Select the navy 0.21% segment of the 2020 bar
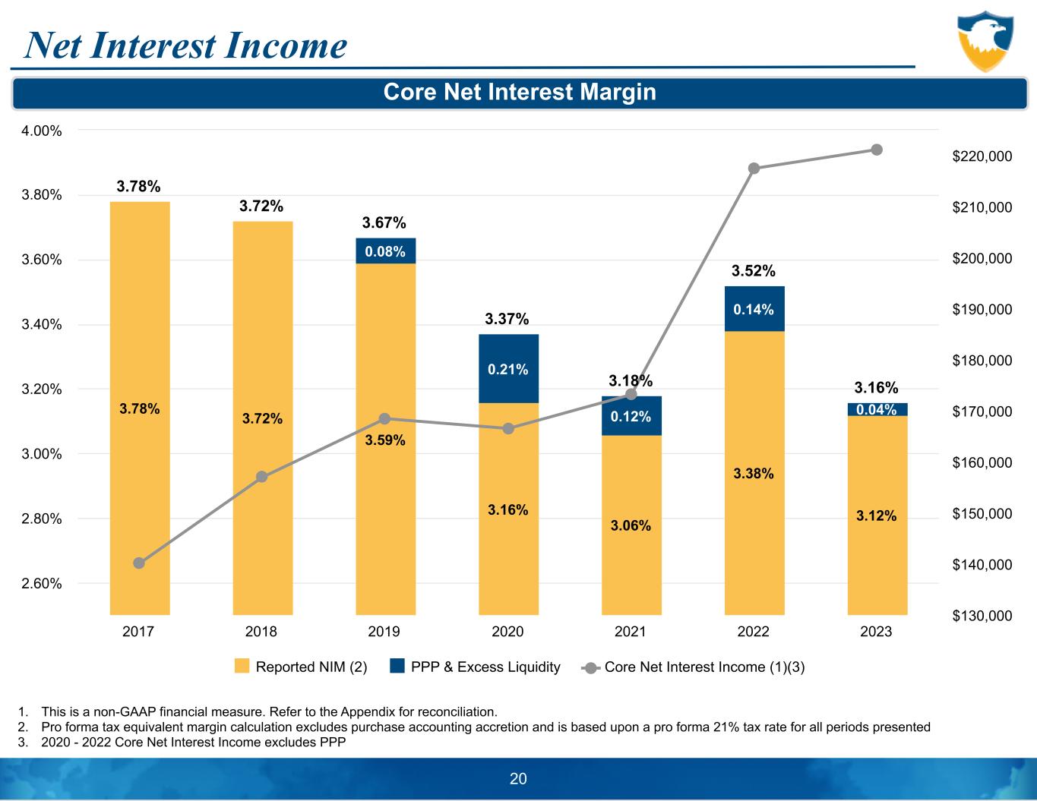[508, 369]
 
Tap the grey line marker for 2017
[139, 563]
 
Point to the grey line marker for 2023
[877, 150]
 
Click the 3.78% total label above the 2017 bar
[138, 186]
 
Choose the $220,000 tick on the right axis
[982, 156]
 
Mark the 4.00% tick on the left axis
[42, 131]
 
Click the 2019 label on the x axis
[384, 632]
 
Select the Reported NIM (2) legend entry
[301, 667]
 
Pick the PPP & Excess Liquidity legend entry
[476, 667]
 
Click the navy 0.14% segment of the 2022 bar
[754, 309]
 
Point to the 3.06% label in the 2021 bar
[631, 525]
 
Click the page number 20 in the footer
[518, 778]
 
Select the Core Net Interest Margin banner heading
[520, 93]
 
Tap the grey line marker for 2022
[754, 169]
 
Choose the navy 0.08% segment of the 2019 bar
[385, 251]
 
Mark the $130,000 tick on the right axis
[982, 616]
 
